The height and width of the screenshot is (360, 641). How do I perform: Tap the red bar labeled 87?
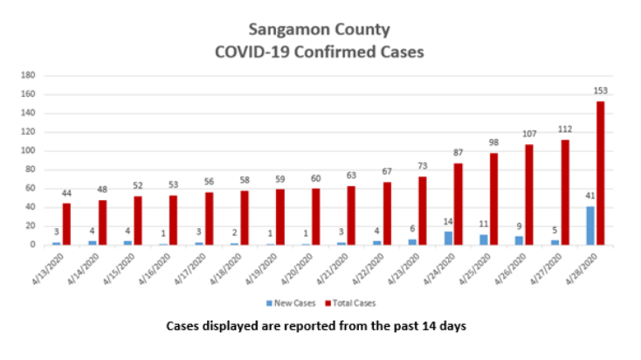(x=458, y=204)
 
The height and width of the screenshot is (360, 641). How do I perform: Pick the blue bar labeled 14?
(x=448, y=238)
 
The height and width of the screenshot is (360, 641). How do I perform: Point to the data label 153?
(x=600, y=92)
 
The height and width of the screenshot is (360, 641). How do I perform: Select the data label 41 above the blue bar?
(x=589, y=197)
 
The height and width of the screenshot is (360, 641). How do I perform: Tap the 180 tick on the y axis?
(x=27, y=76)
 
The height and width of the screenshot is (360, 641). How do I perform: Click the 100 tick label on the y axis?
(x=27, y=150)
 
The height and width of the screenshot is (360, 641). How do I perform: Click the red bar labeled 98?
(x=493, y=198)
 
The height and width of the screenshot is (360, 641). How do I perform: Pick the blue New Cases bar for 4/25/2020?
(x=484, y=239)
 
